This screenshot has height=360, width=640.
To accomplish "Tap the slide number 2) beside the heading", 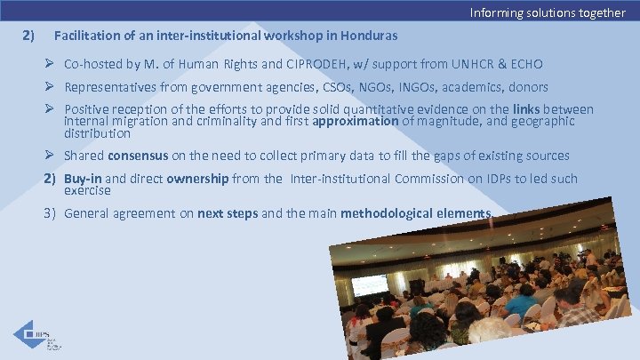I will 28,36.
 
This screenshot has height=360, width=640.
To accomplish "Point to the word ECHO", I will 524,65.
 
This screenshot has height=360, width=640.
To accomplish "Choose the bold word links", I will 531,109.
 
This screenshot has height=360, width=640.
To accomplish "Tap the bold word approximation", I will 356,122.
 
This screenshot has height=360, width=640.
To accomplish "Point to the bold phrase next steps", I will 223,213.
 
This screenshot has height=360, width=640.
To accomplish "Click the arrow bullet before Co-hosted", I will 51,65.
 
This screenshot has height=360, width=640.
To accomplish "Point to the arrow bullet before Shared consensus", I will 51,156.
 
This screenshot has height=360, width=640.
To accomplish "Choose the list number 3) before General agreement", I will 51,213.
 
